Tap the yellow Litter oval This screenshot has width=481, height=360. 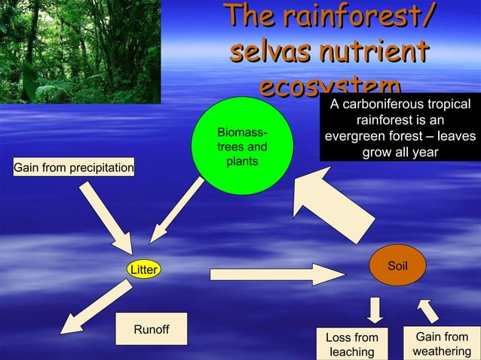click(x=142, y=270)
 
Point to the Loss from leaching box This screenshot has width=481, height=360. click(x=352, y=344)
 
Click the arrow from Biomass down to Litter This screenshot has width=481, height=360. click(x=176, y=212)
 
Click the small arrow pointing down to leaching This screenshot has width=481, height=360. click(x=375, y=309)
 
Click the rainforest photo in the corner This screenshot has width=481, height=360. click(x=80, y=51)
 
